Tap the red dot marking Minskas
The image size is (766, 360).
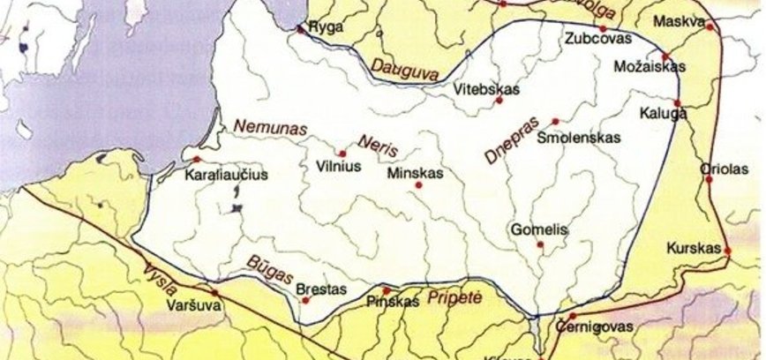click(x=417, y=184)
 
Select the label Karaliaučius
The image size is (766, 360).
click(x=226, y=176)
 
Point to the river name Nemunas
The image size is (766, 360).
click(x=271, y=129)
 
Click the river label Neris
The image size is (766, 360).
click(x=376, y=144)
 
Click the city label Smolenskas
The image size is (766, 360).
click(x=578, y=138)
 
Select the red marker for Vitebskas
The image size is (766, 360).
click(x=499, y=101)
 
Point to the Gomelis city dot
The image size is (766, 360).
click(x=540, y=244)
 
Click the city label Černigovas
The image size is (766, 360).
click(x=594, y=326)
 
